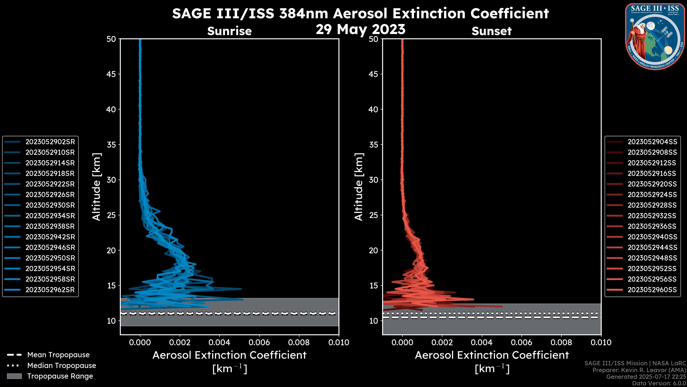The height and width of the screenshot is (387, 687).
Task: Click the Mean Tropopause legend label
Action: click(x=58, y=355)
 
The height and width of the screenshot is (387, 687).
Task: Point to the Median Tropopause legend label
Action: click(x=62, y=366)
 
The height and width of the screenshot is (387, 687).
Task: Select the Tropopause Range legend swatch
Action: click(x=14, y=376)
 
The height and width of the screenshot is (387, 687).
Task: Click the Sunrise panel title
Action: click(x=229, y=31)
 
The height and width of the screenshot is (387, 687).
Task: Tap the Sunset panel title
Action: click(x=491, y=31)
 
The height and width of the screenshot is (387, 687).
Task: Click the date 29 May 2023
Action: click(x=360, y=29)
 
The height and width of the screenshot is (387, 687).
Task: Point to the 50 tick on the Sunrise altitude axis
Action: click(x=111, y=39)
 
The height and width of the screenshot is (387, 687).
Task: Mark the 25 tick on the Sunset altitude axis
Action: click(x=373, y=215)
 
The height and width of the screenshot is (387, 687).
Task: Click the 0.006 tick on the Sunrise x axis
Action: click(x=259, y=342)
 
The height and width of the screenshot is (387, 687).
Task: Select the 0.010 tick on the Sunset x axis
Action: click(x=601, y=342)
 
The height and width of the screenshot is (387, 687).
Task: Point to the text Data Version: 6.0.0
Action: click(x=659, y=384)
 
